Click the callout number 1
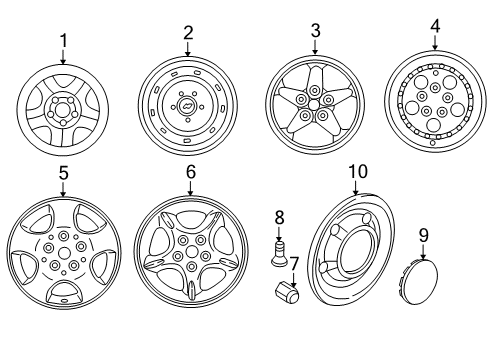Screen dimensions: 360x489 (63, 40)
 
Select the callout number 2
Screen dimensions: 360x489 (187, 32)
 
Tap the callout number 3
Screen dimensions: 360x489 (315, 32)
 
